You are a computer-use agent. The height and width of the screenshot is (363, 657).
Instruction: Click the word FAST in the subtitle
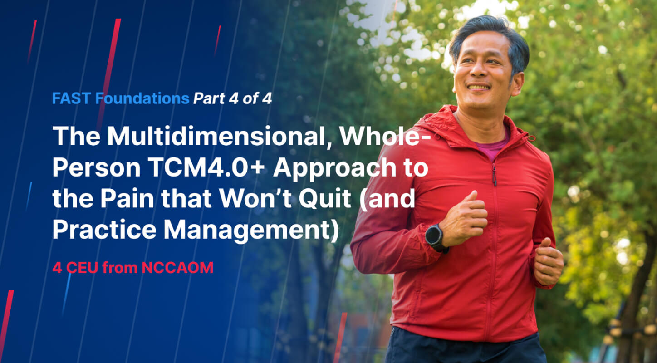coord(71,98)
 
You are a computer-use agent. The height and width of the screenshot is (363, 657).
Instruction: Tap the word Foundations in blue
coord(142,98)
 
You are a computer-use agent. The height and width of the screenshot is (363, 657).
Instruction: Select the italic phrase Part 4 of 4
coord(233,98)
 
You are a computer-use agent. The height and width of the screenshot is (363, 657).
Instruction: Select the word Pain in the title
coord(127,198)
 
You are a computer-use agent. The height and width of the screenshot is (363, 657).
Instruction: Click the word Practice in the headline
coord(104,230)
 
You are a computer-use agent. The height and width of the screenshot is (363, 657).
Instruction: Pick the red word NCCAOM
coord(177,268)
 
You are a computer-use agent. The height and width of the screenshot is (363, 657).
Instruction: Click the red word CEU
coord(82,268)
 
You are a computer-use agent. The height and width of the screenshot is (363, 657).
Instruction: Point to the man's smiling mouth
coord(479,87)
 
